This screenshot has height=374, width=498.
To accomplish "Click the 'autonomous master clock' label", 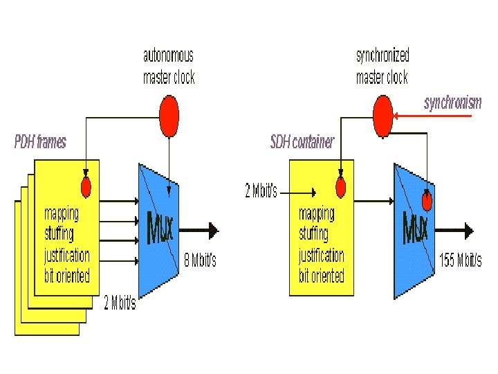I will tap(169, 66).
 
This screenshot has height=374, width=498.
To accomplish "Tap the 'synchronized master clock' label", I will tap(382, 66).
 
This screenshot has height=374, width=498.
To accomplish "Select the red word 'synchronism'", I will tap(452, 103).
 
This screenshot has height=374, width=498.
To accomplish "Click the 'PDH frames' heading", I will tap(41, 142).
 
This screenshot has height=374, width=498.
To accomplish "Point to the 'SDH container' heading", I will tap(302, 142).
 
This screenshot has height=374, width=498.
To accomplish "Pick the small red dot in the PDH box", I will tap(86, 186).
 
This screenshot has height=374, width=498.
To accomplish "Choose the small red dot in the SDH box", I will tap(340, 186).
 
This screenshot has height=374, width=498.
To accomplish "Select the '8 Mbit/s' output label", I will tap(199, 260).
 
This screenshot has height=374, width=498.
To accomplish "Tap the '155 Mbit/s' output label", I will tap(460, 261).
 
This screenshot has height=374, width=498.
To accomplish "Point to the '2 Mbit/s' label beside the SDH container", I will tap(261, 191).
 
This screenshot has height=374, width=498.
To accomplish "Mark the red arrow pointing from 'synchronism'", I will tap(436, 115).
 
